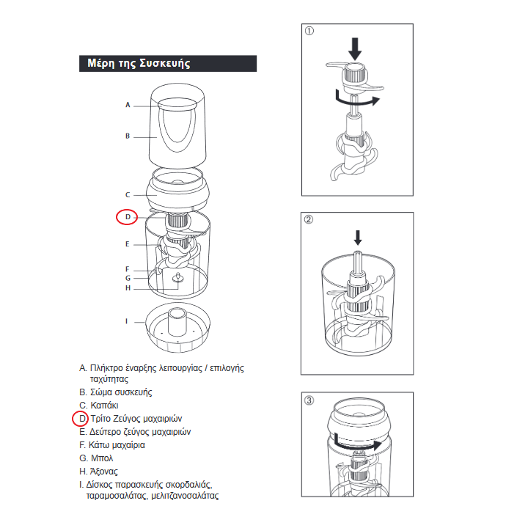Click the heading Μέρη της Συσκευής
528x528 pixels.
point(139,63)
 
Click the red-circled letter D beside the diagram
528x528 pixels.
point(128,217)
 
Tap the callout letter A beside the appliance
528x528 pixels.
point(128,105)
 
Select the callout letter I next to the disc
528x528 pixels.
point(127,321)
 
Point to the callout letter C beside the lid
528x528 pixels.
point(128,194)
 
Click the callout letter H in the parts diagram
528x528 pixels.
point(128,288)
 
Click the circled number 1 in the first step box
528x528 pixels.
point(309,31)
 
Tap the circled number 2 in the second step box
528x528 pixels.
point(309,219)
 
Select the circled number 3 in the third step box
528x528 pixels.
point(309,400)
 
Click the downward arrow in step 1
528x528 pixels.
point(355,49)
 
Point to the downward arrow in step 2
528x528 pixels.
point(358,238)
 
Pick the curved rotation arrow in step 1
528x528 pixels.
point(358,98)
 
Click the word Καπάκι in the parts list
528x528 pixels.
point(104,405)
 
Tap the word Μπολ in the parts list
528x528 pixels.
point(102,458)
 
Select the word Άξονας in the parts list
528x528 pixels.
point(103,471)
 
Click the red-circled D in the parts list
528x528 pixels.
point(83,419)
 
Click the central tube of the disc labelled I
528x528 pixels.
point(177,322)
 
